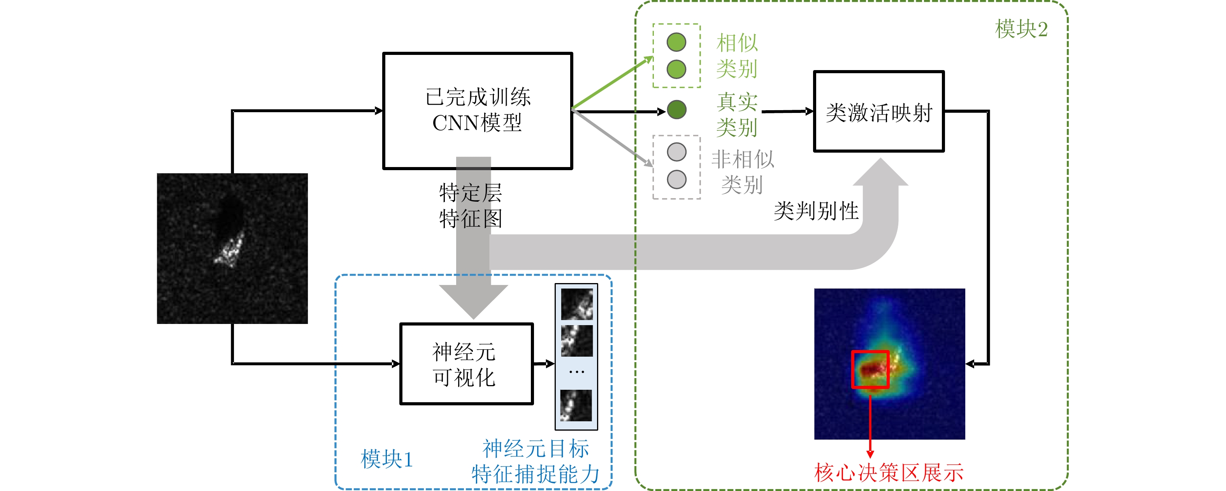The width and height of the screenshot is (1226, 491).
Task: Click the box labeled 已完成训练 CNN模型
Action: [477, 111]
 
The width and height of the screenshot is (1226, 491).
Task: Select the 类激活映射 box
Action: [878, 111]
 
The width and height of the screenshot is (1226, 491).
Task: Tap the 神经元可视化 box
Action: [466, 364]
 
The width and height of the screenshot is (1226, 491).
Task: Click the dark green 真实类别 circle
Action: [676, 109]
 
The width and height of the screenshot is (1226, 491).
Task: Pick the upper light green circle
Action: [676, 42]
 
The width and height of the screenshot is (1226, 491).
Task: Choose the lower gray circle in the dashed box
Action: [676, 180]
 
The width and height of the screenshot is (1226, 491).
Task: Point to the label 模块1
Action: [386, 459]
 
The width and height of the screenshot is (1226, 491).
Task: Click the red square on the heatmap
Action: [870, 370]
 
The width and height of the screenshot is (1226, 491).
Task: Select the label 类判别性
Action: [816, 211]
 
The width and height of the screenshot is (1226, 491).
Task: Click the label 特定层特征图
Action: [470, 206]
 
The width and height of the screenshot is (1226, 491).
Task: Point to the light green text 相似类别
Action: [737, 56]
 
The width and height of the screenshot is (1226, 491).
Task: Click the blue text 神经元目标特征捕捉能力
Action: [536, 461]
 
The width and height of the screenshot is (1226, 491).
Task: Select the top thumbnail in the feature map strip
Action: [576, 304]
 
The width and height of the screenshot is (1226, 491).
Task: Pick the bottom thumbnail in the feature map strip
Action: [576, 405]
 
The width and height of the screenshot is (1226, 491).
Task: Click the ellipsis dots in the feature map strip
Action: [576, 372]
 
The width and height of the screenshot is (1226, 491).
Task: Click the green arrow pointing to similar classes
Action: [612, 83]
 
